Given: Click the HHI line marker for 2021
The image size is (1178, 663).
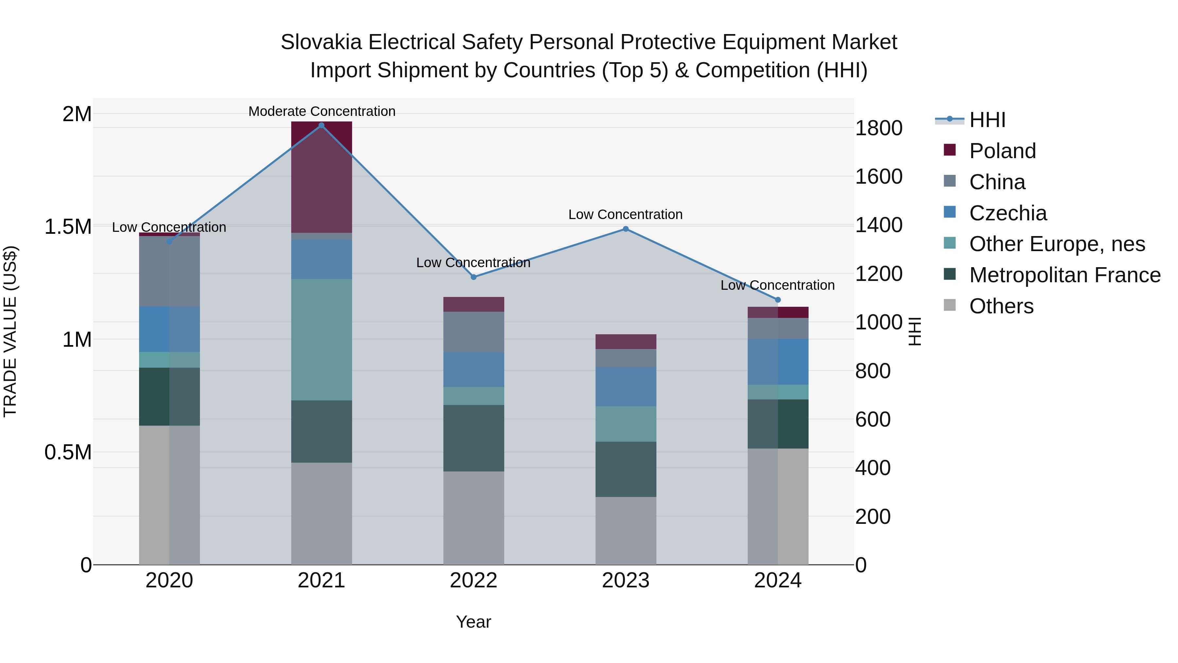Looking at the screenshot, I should pos(321,125).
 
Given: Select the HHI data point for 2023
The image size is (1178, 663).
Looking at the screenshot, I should pos(626,229).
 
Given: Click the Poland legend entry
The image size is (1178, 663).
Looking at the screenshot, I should pos(1002,151).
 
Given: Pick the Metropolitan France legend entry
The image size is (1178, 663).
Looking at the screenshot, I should pos(1064,275).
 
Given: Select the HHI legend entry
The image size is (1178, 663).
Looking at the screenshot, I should pos(987,120).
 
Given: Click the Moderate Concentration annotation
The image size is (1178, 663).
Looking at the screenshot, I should pos(321,111).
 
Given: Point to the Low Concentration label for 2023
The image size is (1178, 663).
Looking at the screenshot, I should pos(625,214).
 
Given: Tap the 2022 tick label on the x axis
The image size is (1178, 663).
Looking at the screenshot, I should pos(473,580).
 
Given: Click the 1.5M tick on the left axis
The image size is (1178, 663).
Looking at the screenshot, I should pos(68,227).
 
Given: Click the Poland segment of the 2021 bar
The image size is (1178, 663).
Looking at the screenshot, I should pos(321,178).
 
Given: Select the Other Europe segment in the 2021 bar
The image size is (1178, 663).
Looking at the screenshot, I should pos(321,340).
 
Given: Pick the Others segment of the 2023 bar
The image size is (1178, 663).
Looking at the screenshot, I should pos(626,531).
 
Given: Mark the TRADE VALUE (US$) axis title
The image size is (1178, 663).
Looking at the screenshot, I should pos(10,331).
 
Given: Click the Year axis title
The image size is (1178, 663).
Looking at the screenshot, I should pos(473,622).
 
